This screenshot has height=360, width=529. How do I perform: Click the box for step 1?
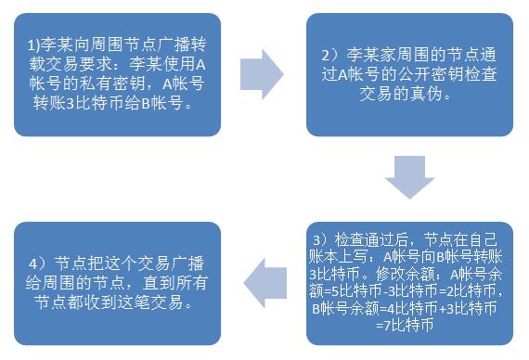117,73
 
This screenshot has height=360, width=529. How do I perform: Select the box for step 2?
409,73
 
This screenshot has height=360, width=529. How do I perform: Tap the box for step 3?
408,279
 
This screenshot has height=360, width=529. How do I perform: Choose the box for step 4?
117,279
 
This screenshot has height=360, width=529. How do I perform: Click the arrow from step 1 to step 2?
262,73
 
